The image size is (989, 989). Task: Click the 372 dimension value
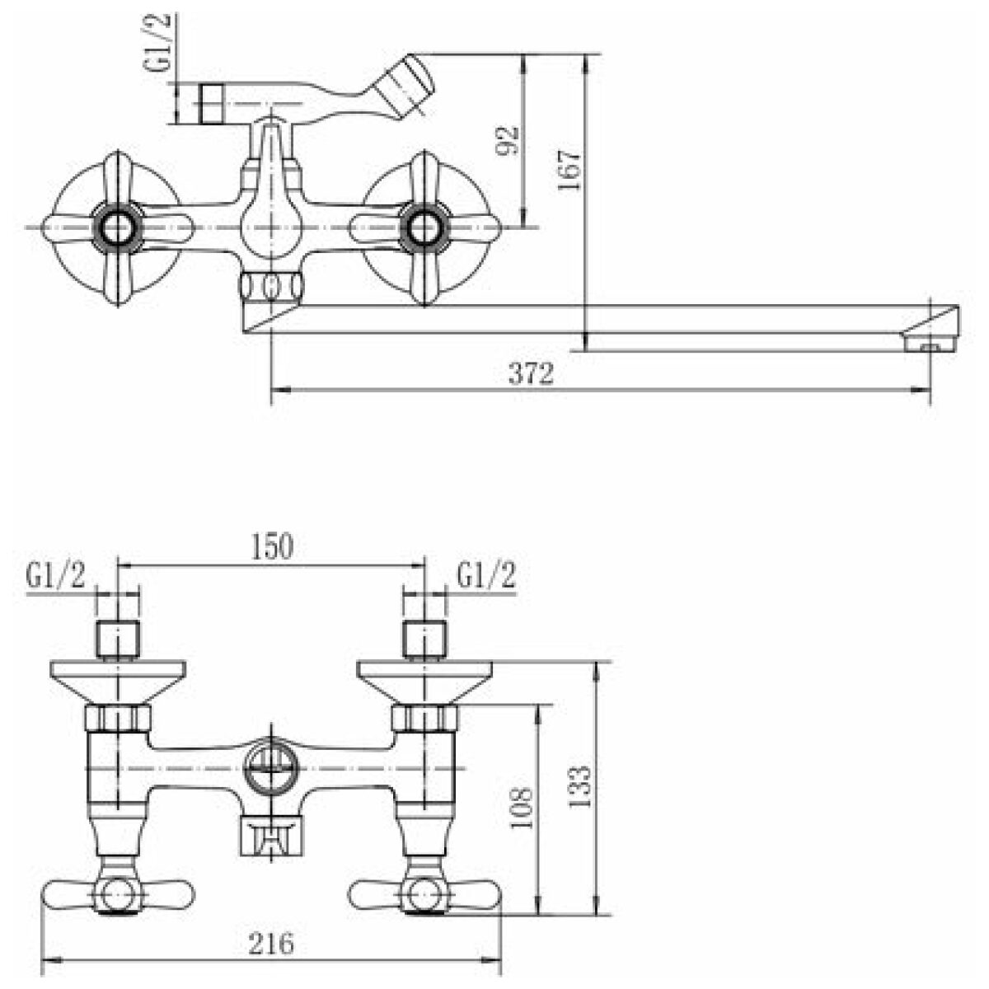pyautogui.click(x=532, y=373)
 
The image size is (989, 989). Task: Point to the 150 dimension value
pyautogui.click(x=271, y=546)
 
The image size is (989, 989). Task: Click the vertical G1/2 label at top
pyautogui.click(x=162, y=42)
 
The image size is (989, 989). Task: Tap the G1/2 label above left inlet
pyautogui.click(x=55, y=576)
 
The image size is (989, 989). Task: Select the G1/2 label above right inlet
pyautogui.click(x=486, y=576)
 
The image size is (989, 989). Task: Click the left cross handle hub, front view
pyautogui.click(x=118, y=227)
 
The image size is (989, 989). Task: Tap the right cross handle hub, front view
pyautogui.click(x=424, y=227)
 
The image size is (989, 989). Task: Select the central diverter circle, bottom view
pyautogui.click(x=271, y=769)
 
